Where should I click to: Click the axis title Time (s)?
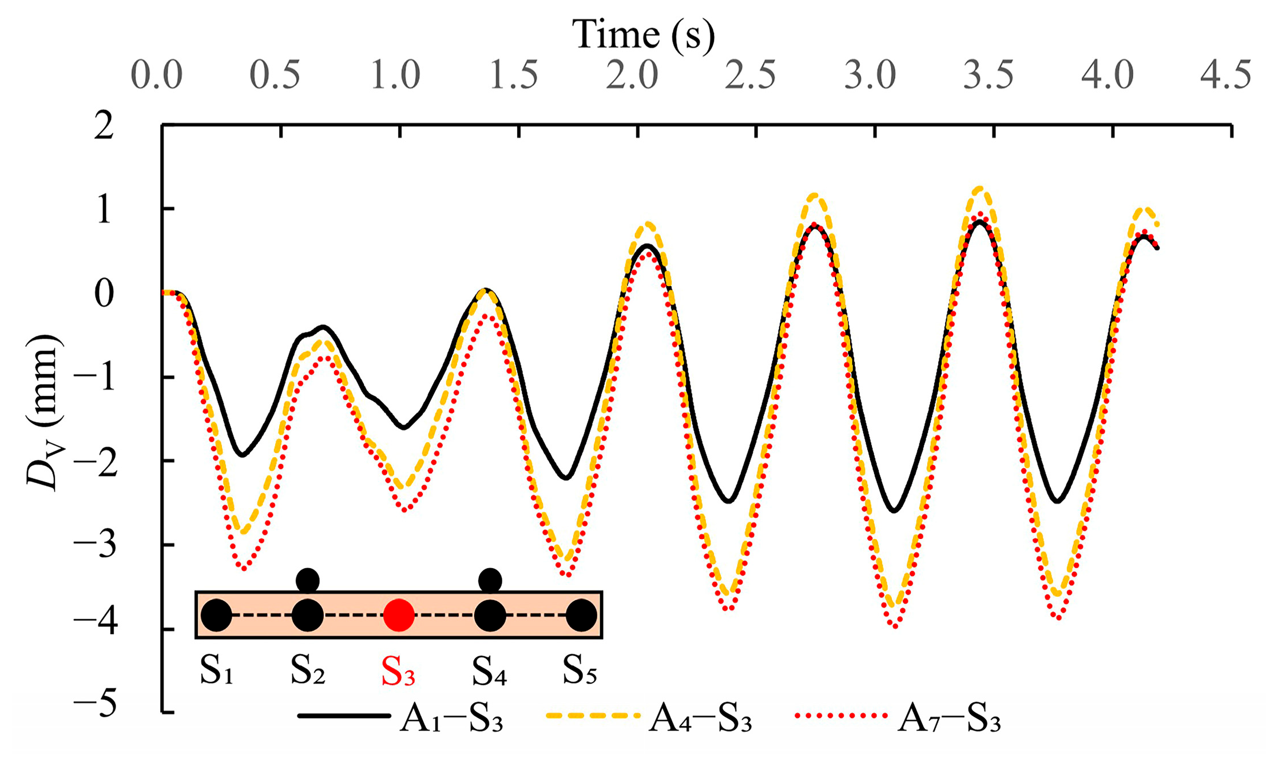tap(643, 35)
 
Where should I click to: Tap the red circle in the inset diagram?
tap(399, 616)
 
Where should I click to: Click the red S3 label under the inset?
tap(398, 671)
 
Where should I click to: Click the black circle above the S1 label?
tap(216, 616)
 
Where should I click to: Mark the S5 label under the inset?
tap(580, 671)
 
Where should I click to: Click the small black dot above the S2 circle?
tap(308, 580)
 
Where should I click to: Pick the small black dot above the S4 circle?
tap(490, 580)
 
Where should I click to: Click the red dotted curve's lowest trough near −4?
tap(895, 627)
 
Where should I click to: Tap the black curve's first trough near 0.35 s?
tap(242, 455)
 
